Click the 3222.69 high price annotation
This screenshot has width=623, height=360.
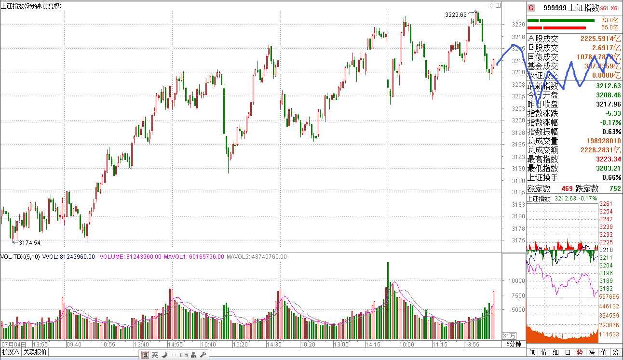tap(456, 15)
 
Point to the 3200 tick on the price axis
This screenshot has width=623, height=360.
tap(518, 120)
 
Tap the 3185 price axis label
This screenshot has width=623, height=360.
tap(518, 193)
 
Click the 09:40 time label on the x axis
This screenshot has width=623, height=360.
tap(74, 345)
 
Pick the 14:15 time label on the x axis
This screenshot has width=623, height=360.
tap(373, 345)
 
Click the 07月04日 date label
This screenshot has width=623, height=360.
tap(11, 345)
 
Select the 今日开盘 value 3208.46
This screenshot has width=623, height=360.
tap(608, 95)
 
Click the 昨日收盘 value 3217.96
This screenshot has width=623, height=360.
tap(608, 105)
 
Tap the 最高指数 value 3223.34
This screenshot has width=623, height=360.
tap(608, 160)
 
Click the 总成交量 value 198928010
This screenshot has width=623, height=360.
tap(600, 141)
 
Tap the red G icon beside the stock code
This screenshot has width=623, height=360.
tap(531, 8)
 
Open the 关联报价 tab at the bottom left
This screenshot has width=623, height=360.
tap(35, 352)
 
